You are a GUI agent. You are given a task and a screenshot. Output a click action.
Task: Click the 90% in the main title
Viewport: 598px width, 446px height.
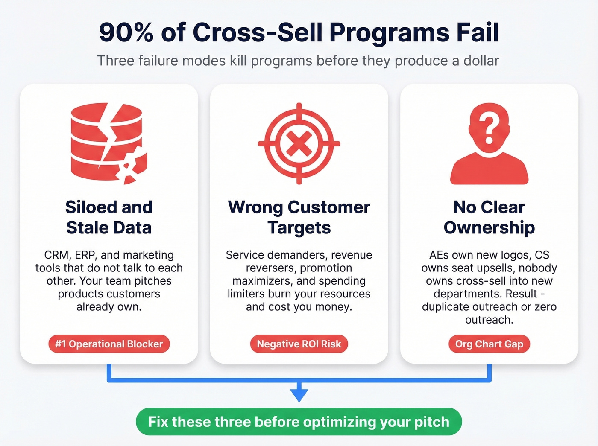point(126,32)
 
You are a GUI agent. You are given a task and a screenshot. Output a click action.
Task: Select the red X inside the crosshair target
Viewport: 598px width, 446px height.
point(299,143)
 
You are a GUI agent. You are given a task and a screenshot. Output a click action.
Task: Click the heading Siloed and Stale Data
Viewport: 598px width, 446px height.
point(109,217)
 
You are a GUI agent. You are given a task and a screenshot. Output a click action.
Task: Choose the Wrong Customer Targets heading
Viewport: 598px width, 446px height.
point(299,217)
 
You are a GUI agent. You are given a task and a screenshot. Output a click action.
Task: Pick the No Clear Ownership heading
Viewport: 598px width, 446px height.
point(489,217)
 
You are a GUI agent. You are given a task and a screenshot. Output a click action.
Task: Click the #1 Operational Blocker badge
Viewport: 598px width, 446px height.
point(109,344)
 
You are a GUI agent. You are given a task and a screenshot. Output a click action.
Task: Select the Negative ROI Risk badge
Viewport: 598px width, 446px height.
point(299,344)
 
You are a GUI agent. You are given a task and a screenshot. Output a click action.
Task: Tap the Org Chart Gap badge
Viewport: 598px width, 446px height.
point(489,344)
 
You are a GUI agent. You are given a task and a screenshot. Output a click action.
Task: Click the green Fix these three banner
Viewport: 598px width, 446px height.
point(299,422)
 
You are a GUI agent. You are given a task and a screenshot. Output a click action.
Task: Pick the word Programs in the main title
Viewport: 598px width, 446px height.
point(389,32)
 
